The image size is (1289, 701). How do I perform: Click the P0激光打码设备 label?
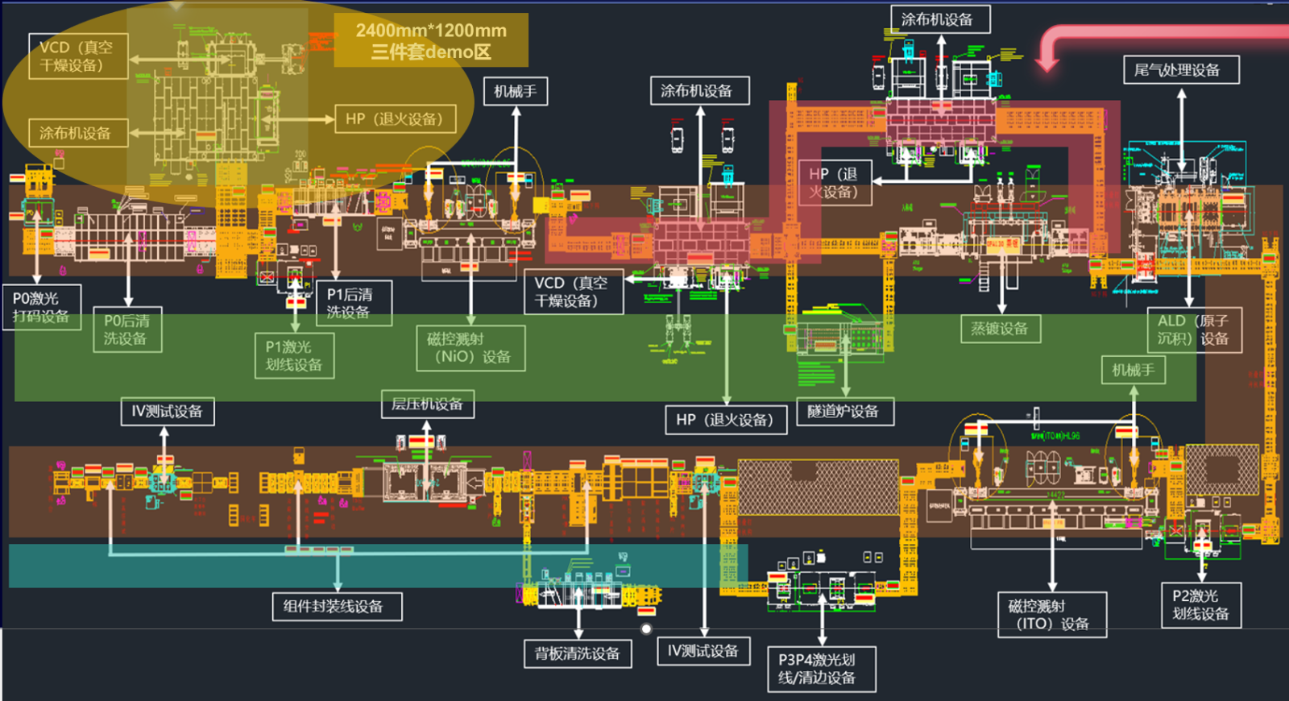[41, 307]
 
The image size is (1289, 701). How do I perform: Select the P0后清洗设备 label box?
[126, 330]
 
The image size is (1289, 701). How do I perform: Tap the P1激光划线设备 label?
[294, 355]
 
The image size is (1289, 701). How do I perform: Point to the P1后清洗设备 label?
[354, 303]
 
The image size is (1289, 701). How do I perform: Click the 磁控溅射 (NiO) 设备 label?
[470, 348]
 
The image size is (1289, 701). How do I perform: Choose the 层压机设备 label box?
[427, 404]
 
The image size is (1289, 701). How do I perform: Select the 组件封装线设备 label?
[334, 606]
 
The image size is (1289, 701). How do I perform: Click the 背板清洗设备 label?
[578, 653]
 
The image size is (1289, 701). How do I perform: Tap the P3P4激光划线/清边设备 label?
[821, 669]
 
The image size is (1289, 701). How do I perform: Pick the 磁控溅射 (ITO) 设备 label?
[1051, 615]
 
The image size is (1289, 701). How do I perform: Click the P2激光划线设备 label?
[1200, 605]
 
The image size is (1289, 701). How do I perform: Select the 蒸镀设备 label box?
[1000, 328]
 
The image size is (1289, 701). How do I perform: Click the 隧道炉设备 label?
[844, 411]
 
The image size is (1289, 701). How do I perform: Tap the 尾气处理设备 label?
[1180, 70]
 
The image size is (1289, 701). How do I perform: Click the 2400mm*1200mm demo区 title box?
[431, 40]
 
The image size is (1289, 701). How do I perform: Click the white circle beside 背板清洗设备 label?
[646, 628]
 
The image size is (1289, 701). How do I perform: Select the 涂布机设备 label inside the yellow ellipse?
[78, 133]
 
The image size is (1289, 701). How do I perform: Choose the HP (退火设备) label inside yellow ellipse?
[395, 118]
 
